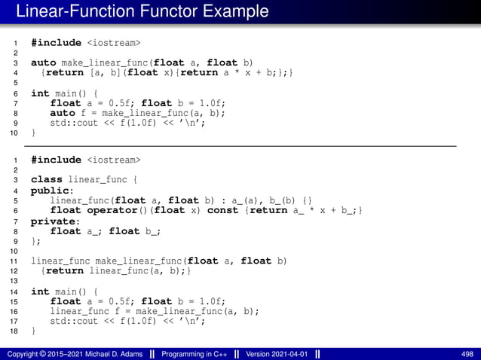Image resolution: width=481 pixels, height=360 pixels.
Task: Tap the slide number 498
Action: [467, 353]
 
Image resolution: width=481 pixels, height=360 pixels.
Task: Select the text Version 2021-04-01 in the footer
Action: [277, 353]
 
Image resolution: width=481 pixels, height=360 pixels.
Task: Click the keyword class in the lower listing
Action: [46, 180]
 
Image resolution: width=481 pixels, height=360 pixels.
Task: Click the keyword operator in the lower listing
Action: [112, 211]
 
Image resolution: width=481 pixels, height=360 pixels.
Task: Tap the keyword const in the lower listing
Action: [222, 211]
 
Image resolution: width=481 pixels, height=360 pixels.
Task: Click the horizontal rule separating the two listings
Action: [240, 145]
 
